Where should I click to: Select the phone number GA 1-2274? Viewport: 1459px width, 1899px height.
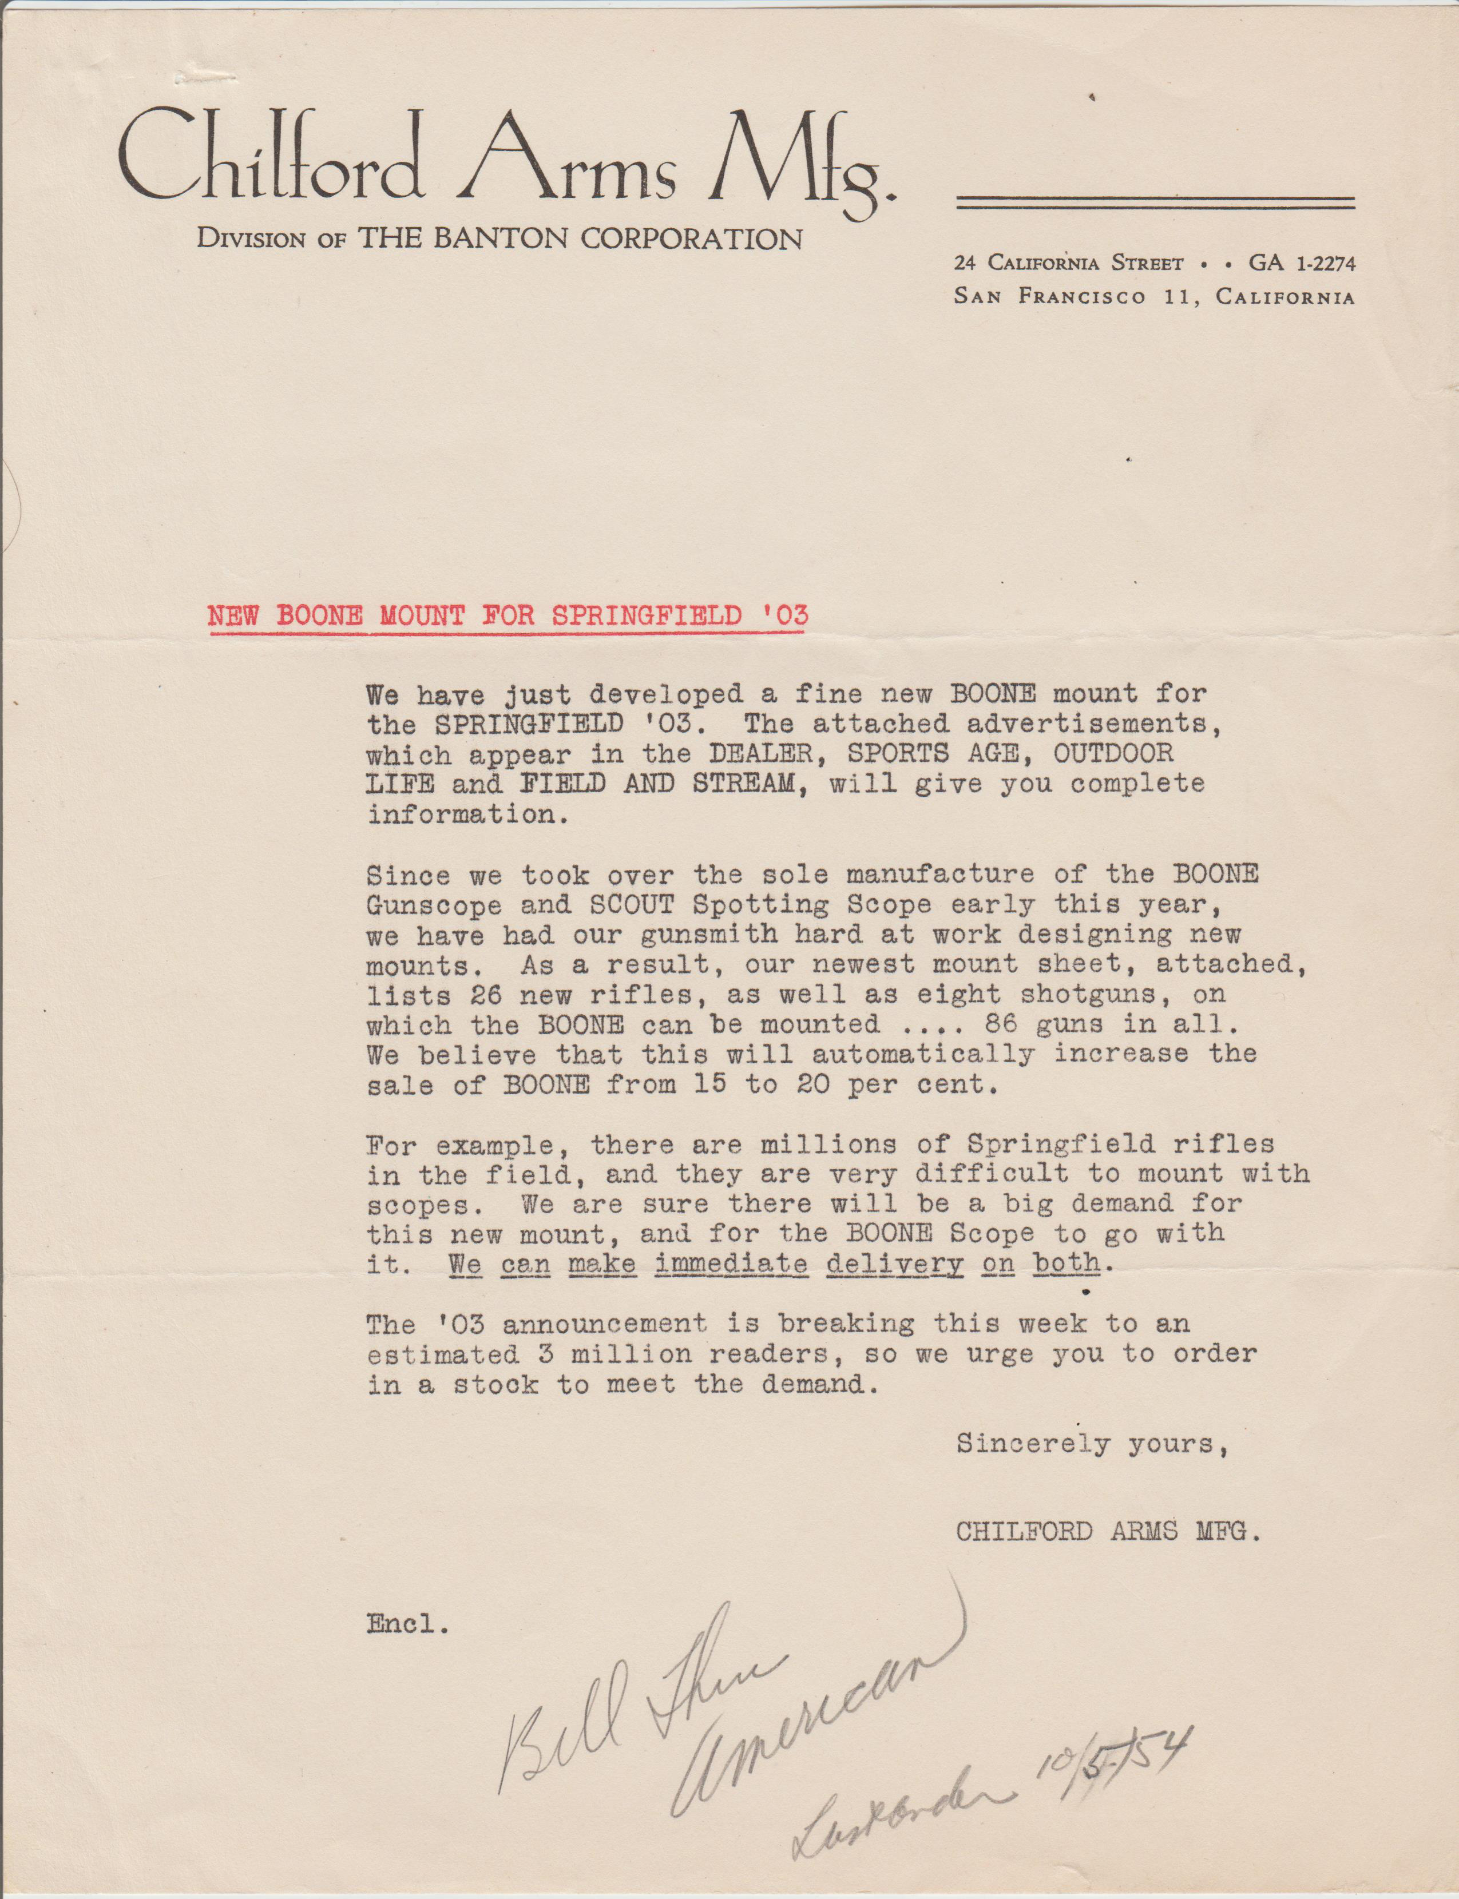(1301, 262)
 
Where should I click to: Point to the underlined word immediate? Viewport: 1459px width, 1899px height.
(732, 1264)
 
